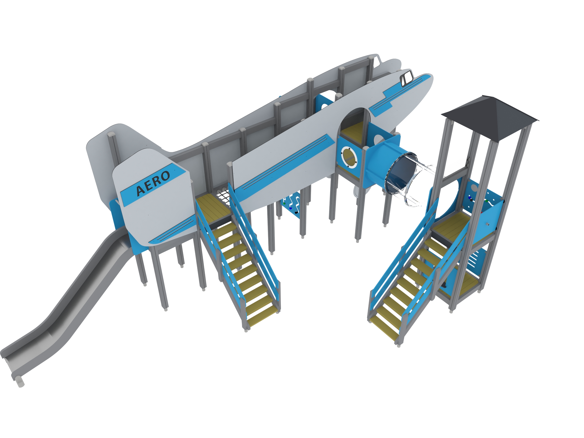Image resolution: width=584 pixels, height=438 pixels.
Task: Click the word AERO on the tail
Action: [x=153, y=183]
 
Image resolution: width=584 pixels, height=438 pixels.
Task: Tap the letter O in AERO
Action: [x=165, y=176]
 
